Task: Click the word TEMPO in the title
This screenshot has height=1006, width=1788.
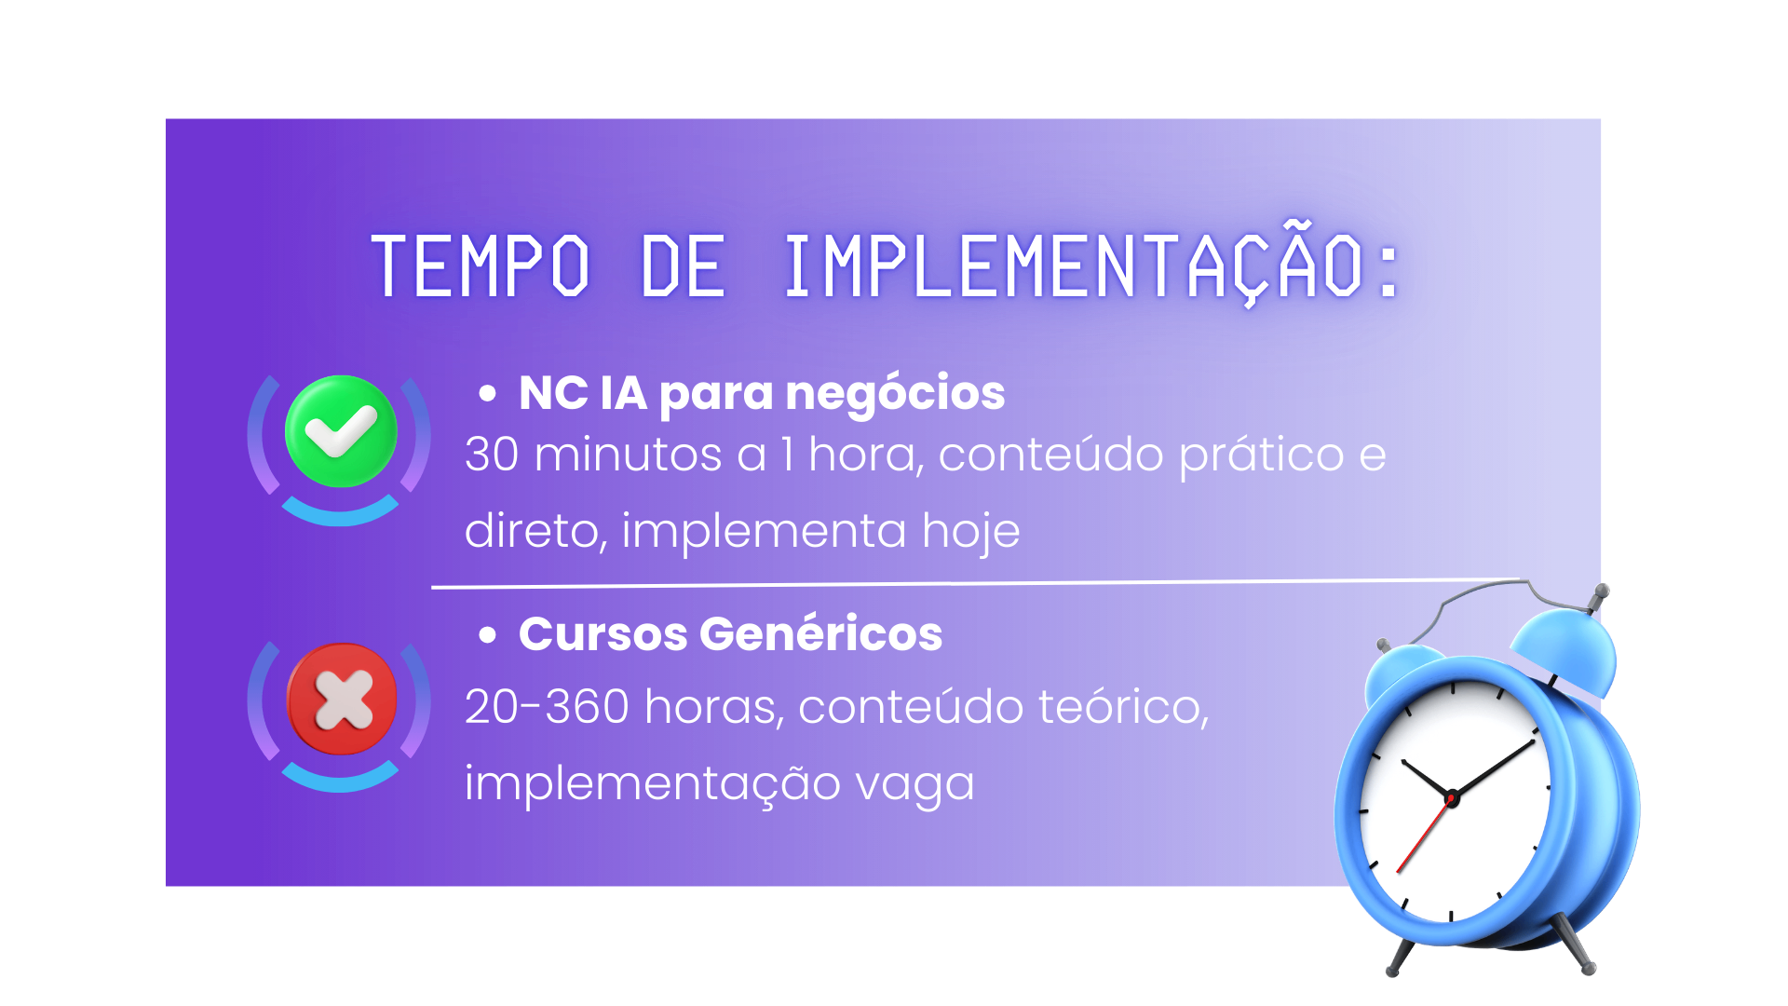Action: (481, 266)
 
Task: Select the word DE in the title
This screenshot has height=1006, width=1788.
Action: (683, 266)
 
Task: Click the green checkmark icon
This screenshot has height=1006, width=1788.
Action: (341, 431)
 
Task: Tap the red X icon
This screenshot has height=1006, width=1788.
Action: (342, 699)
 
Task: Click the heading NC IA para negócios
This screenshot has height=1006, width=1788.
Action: (762, 393)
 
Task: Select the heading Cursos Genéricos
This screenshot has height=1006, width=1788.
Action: (730, 633)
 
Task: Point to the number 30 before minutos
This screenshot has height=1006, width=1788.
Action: (492, 455)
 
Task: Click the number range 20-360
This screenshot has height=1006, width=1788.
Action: (547, 707)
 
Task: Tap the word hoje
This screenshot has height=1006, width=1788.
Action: (970, 531)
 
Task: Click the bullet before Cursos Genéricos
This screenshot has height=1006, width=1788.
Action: (487, 635)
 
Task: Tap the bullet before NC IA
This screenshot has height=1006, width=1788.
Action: (487, 394)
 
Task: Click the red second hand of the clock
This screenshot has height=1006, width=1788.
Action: (1422, 836)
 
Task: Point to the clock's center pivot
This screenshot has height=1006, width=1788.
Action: (1451, 797)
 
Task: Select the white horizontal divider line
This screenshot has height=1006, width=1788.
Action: (975, 584)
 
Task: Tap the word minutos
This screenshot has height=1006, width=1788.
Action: (628, 455)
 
